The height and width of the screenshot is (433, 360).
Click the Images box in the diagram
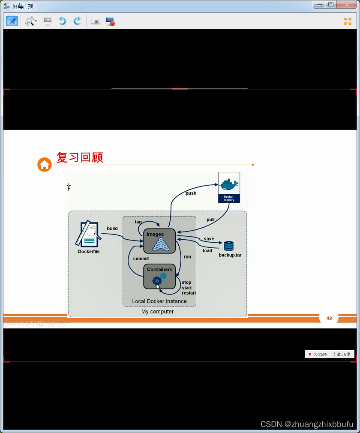[x=159, y=241]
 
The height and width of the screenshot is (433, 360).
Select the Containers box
[x=159, y=277]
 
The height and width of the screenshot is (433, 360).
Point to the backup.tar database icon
[x=228, y=246]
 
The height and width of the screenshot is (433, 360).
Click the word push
[x=191, y=193]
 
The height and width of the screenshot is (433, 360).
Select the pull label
[x=210, y=220]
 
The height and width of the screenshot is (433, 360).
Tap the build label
[x=112, y=229]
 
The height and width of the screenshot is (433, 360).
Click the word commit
[x=141, y=259]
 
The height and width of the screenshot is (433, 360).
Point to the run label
[x=187, y=257]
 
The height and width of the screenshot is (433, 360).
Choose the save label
[x=209, y=239]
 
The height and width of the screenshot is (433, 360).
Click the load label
[x=207, y=251]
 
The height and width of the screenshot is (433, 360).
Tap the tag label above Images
[x=138, y=222]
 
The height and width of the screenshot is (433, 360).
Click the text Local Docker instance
[x=159, y=301]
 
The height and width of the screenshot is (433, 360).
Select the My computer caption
[x=158, y=312]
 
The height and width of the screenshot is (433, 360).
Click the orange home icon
[x=45, y=164]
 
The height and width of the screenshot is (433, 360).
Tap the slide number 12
[x=329, y=318]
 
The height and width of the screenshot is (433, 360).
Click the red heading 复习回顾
[x=80, y=157]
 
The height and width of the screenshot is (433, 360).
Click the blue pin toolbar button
[x=12, y=21]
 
